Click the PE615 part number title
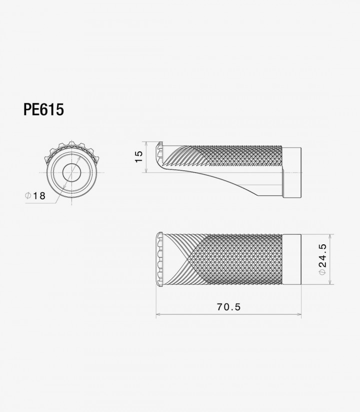43,109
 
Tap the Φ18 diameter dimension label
35,196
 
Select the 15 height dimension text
139,157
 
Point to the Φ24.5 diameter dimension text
322,259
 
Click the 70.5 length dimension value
228,307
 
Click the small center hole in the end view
71,172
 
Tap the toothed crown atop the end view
72,150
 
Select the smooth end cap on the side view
292,172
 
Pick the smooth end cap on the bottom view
292,259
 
